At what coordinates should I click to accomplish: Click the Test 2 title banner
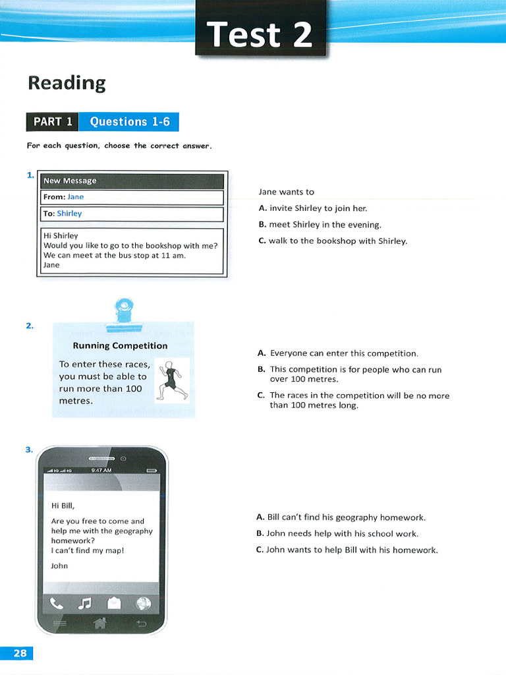point(260,33)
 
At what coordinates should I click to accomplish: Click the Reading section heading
point(66,83)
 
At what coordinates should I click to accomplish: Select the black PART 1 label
point(52,122)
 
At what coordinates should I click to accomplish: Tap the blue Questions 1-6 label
point(129,122)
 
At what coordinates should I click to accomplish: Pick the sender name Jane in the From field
point(76,197)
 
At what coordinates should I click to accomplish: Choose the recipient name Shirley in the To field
point(69,214)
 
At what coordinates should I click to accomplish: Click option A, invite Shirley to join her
point(313,208)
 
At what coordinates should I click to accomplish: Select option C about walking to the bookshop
point(333,241)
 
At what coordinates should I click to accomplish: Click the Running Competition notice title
point(120,345)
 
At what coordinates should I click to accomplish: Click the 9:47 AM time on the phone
point(101,470)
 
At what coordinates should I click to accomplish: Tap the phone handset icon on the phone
point(57,602)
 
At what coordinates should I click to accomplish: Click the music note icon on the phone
point(84,602)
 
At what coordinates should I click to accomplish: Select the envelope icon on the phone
point(114,602)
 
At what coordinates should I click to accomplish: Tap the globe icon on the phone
point(143,602)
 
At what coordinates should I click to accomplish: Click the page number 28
point(20,653)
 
